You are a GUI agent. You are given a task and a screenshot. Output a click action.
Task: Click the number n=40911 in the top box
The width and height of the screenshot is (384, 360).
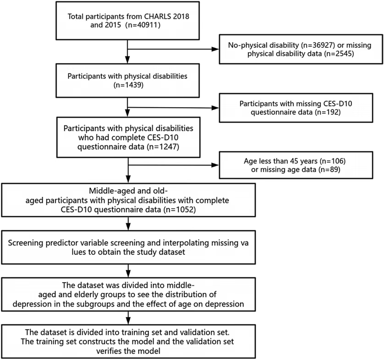coord(143,25)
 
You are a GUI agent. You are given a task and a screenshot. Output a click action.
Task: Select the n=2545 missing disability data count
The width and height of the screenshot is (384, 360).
coord(339,54)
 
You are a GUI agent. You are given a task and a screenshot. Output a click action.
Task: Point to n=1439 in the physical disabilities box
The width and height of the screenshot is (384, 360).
coord(128,85)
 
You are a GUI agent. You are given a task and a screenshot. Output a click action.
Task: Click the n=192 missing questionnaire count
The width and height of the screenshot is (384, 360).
coord(328,112)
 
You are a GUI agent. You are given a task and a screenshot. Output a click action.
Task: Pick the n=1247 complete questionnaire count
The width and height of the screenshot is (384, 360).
coord(163,147)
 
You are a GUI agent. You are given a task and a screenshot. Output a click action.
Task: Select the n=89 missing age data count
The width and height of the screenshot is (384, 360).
coord(329,169)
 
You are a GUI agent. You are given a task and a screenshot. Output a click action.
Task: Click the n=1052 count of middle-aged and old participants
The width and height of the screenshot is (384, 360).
coord(180,210)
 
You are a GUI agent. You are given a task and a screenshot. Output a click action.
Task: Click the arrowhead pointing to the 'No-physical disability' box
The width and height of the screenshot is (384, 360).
coord(215,49)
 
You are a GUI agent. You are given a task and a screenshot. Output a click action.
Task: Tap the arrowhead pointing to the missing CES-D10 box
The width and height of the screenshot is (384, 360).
coord(215,108)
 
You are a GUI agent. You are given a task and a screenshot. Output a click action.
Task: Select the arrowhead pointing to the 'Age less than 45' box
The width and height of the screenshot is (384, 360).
coord(215,165)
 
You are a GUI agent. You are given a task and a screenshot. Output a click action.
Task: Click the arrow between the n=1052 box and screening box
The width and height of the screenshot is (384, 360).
coord(128,224)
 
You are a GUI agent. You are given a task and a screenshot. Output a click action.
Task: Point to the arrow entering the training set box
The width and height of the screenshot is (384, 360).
coord(128,318)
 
